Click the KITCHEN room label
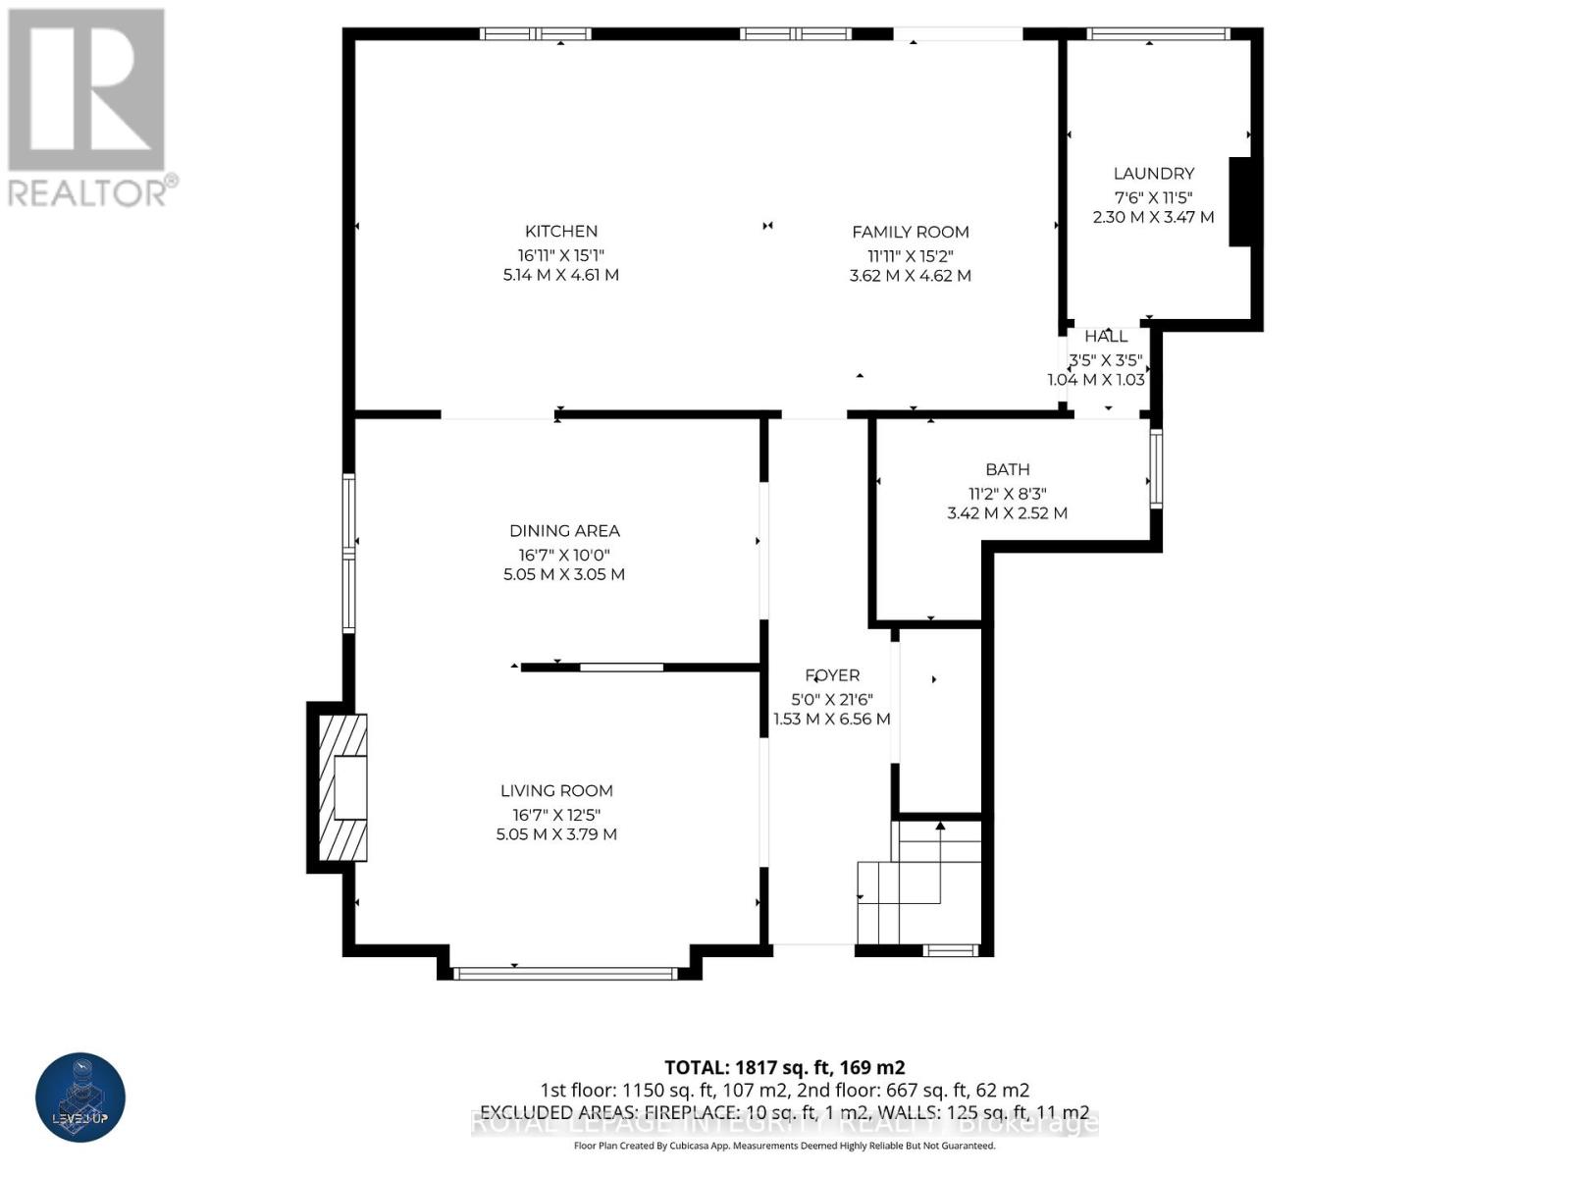point(561,232)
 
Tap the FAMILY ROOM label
point(910,233)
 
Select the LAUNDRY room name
point(1153,174)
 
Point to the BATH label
point(1008,470)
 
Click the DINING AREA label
point(564,531)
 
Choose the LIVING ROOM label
point(556,791)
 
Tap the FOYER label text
point(832,675)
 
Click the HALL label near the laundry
point(1106,337)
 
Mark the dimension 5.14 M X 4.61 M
point(561,275)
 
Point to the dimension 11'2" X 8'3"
point(1008,494)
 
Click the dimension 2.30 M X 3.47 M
point(1153,217)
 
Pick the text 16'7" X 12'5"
point(556,815)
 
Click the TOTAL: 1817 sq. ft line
point(784,1067)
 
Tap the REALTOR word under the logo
point(88,191)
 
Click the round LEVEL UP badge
point(80,1098)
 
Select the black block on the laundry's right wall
point(1240,201)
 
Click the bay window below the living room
point(565,974)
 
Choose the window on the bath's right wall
point(1156,469)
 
